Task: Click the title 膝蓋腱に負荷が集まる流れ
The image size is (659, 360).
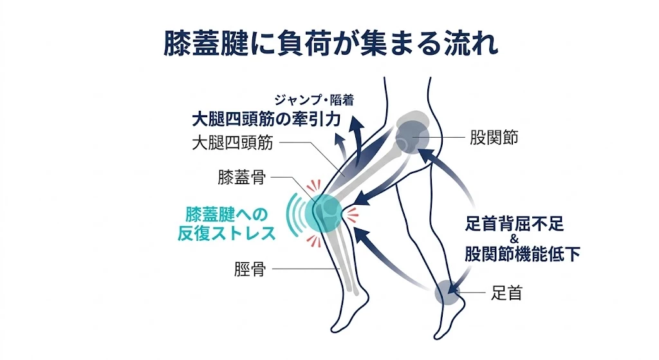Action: point(329,44)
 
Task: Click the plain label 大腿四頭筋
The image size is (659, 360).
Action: point(232,143)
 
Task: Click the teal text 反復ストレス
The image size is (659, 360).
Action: point(227,233)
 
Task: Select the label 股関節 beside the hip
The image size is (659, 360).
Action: point(494,138)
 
